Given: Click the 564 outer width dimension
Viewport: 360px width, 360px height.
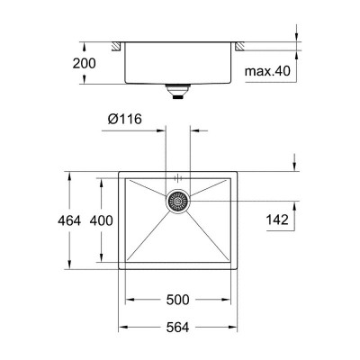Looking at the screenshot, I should tap(176, 330).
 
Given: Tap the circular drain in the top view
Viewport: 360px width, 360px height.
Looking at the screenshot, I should tap(178, 202).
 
